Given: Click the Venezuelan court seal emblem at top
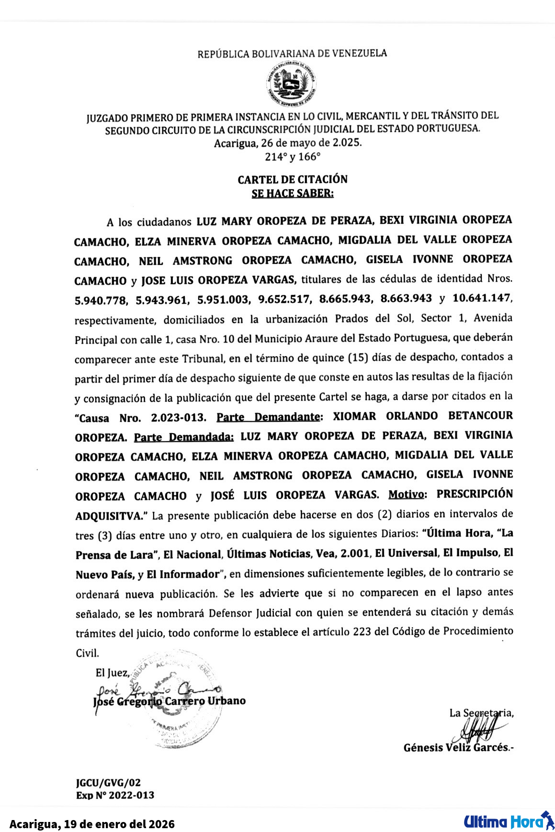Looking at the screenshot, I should [291, 84].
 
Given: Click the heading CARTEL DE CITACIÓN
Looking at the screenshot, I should [293, 180].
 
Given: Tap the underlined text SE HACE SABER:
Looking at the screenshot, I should [293, 193].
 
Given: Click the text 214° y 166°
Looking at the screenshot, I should [293, 157].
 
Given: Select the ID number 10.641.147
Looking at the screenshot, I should [482, 298].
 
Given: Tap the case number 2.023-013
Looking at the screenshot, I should [178, 417].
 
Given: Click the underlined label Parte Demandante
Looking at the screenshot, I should [268, 417].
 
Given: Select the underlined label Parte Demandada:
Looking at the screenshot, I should [183, 437].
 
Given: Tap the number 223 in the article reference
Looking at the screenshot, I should [362, 632].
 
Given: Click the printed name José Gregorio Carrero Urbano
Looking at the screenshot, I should [170, 701].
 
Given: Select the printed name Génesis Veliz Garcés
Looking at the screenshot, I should [456, 747].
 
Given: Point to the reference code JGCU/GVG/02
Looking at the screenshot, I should [108, 782].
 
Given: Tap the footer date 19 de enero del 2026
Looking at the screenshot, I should [119, 824].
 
